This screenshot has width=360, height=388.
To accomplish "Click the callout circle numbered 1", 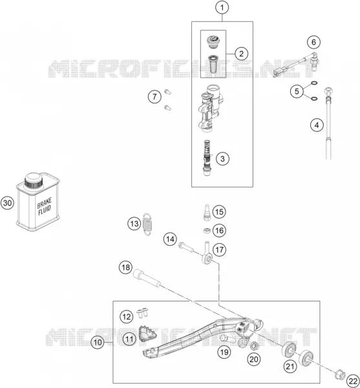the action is click(x=222, y=8).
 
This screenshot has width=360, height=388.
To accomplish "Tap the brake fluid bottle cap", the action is click(x=34, y=180).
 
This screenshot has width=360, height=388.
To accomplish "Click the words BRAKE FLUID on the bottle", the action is click(x=45, y=206).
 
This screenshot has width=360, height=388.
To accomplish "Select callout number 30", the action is click(x=7, y=203).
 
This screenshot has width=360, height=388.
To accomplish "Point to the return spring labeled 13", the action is click(x=148, y=224).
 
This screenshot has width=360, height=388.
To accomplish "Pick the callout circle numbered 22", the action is click(x=353, y=381).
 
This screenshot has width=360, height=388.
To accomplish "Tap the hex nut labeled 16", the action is click(x=207, y=231).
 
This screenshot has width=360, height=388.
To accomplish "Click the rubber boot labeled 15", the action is click(x=207, y=212).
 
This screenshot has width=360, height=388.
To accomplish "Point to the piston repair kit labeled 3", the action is click(x=207, y=157).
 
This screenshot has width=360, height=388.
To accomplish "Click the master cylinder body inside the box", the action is click(x=210, y=108).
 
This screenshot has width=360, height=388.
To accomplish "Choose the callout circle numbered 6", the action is click(x=313, y=42).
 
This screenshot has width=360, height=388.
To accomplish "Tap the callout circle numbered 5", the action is click(x=297, y=91).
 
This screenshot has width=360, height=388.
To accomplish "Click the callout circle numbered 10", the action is click(x=98, y=342).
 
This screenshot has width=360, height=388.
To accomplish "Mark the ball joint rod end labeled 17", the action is click(x=207, y=253).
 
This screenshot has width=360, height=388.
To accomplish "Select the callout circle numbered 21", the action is click(x=290, y=366).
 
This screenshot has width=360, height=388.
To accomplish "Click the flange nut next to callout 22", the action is click(x=339, y=374).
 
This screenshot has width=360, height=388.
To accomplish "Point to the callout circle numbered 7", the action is click(x=154, y=96).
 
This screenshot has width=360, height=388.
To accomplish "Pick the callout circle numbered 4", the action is click(x=317, y=125).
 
